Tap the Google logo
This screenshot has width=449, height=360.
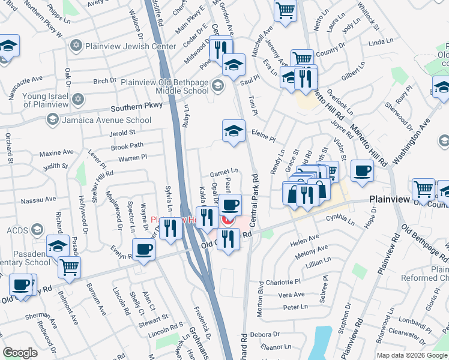20,352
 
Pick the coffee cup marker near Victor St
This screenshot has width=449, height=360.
362,171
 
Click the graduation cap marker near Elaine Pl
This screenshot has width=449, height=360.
234,131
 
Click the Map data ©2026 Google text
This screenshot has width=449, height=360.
412,355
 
